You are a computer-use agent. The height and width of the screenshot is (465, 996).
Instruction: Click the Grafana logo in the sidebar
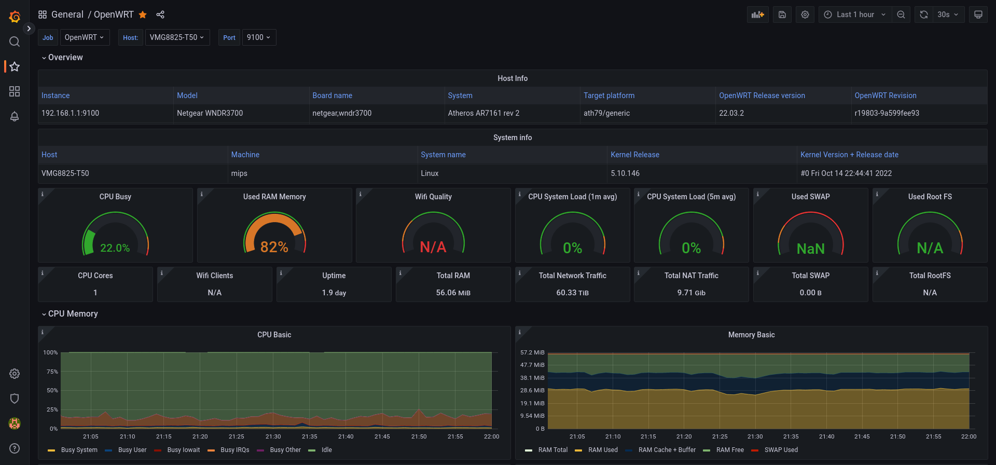click(x=15, y=17)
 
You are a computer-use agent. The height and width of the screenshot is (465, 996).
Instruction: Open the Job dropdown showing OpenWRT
click(x=85, y=37)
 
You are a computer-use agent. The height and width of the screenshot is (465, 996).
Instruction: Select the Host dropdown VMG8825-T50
click(x=177, y=37)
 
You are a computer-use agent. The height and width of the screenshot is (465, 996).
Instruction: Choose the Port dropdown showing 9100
click(x=259, y=37)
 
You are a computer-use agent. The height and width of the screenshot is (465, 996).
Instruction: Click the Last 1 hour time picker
click(x=855, y=15)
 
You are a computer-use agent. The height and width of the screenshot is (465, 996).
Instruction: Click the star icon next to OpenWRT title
click(x=143, y=15)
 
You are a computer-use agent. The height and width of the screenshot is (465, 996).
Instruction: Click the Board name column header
click(x=332, y=95)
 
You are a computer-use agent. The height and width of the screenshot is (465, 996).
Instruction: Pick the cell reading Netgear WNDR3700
click(x=210, y=113)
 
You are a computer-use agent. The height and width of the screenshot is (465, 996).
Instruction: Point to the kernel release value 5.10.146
click(x=625, y=173)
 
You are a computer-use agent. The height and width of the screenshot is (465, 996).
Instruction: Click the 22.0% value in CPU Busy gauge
click(x=115, y=248)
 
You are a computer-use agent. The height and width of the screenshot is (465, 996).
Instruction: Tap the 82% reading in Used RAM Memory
click(x=274, y=247)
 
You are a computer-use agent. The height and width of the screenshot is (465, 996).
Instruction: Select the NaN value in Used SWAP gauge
click(x=811, y=249)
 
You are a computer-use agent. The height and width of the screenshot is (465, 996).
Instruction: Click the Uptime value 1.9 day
click(x=334, y=293)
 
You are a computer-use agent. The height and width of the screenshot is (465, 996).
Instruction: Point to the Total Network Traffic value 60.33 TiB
click(x=573, y=293)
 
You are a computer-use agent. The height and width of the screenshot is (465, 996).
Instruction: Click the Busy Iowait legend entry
click(x=183, y=450)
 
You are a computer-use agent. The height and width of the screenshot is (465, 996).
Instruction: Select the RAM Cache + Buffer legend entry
click(x=667, y=450)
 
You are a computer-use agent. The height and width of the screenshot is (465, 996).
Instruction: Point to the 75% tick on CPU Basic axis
click(x=52, y=372)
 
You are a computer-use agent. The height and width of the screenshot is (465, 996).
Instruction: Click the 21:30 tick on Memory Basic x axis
click(x=755, y=436)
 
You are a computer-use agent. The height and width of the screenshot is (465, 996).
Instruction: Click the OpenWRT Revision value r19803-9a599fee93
click(x=887, y=113)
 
